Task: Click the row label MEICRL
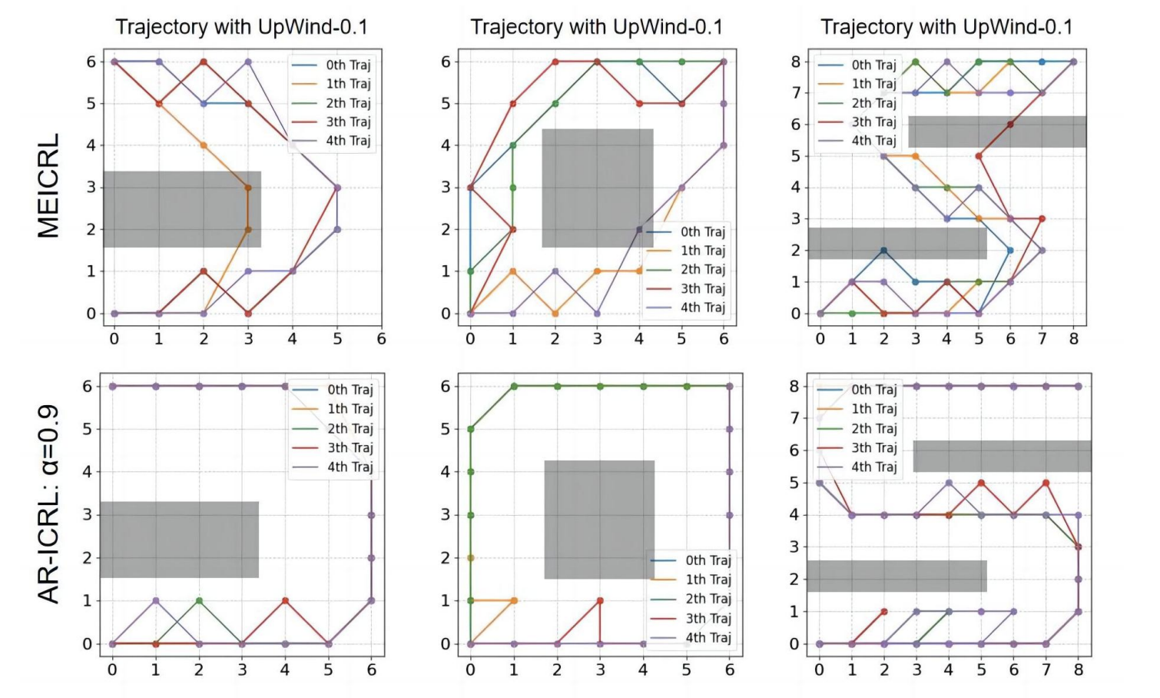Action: click(x=48, y=186)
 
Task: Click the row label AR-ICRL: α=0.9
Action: click(x=48, y=504)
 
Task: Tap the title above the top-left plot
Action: click(x=241, y=27)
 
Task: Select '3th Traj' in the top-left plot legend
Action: click(x=348, y=121)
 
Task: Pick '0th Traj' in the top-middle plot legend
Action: click(x=702, y=231)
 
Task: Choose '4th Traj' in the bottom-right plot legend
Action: click(x=873, y=467)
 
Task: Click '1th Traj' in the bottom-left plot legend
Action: click(x=350, y=409)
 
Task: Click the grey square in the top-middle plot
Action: click(x=598, y=188)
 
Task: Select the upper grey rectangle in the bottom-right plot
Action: click(x=1002, y=456)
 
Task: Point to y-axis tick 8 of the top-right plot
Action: click(x=796, y=61)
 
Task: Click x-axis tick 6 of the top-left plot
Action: click(x=381, y=338)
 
